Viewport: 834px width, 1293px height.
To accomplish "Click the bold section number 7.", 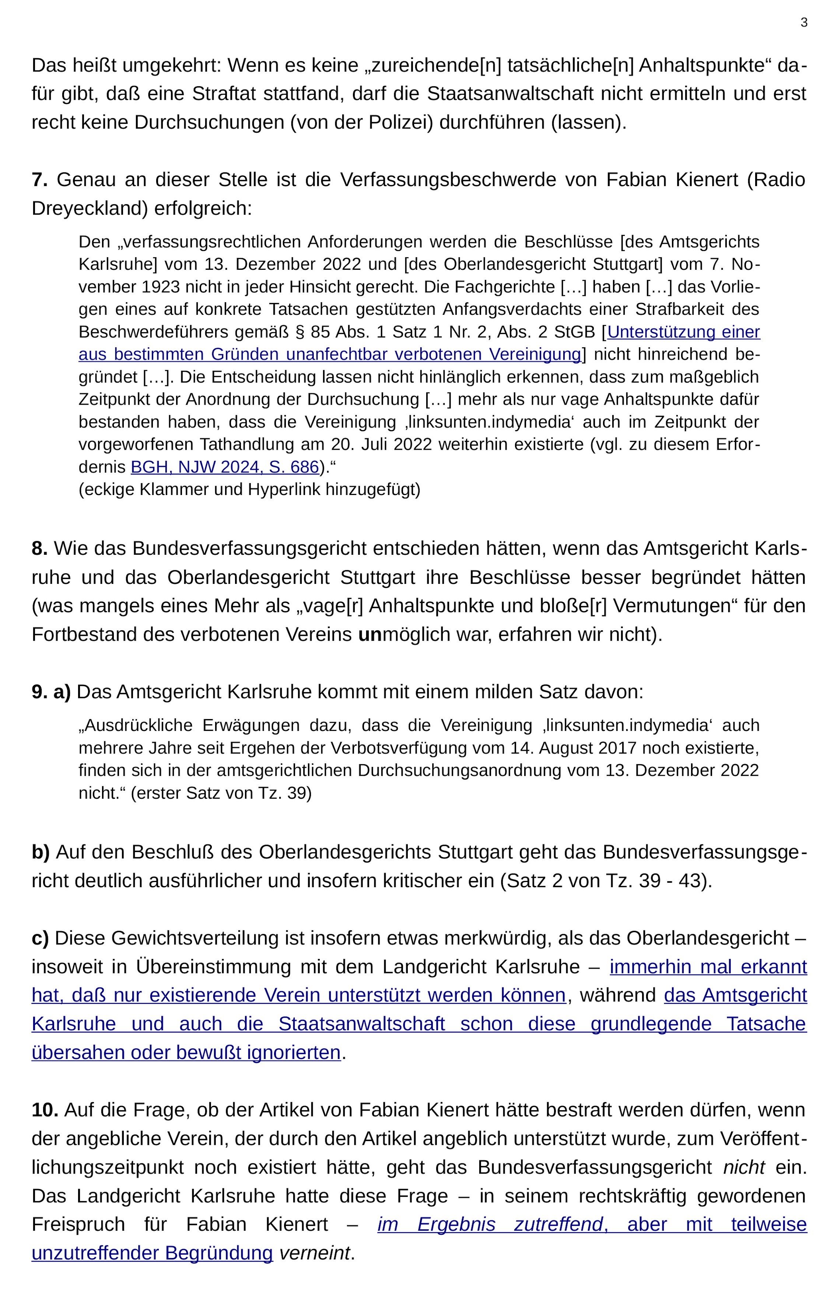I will pos(39,180).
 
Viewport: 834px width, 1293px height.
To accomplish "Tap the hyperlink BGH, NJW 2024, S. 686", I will pos(225,467).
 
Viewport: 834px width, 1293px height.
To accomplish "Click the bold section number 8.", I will pos(39,548).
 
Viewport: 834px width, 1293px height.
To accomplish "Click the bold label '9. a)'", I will pos(51,692).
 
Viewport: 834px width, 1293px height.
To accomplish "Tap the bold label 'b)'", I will pos(41,852).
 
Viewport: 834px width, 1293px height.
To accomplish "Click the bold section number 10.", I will pos(45,1110).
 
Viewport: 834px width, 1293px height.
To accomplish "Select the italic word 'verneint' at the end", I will pos(314,1253).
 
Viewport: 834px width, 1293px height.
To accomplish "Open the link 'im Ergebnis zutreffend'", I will pos(490,1224).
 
